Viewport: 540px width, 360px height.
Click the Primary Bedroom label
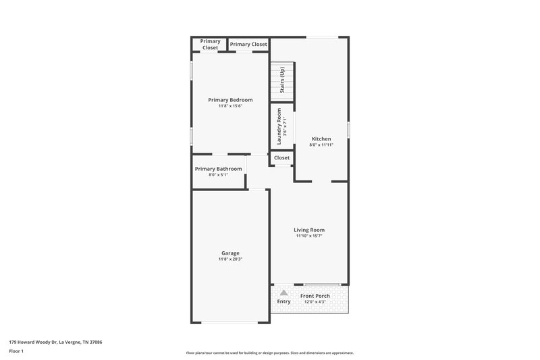230,100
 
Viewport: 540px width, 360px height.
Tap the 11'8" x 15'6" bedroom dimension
230,106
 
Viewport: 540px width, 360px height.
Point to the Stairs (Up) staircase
282,81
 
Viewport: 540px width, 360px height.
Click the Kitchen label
321,138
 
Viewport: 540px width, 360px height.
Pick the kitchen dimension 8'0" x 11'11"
321,145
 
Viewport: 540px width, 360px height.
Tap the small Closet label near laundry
281,158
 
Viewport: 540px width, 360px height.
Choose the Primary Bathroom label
218,169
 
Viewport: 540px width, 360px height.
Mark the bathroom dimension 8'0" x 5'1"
218,175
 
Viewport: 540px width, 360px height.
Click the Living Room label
309,230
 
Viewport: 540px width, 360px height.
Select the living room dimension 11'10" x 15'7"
309,236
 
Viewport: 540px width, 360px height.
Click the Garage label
230,253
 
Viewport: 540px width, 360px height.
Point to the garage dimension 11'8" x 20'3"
230,259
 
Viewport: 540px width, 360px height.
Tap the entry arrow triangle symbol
284,293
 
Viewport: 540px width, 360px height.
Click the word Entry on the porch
284,301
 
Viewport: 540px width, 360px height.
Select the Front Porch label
315,296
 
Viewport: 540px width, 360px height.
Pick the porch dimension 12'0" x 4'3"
315,302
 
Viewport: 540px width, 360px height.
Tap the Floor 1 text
16,351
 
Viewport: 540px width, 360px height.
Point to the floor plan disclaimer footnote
269,353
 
